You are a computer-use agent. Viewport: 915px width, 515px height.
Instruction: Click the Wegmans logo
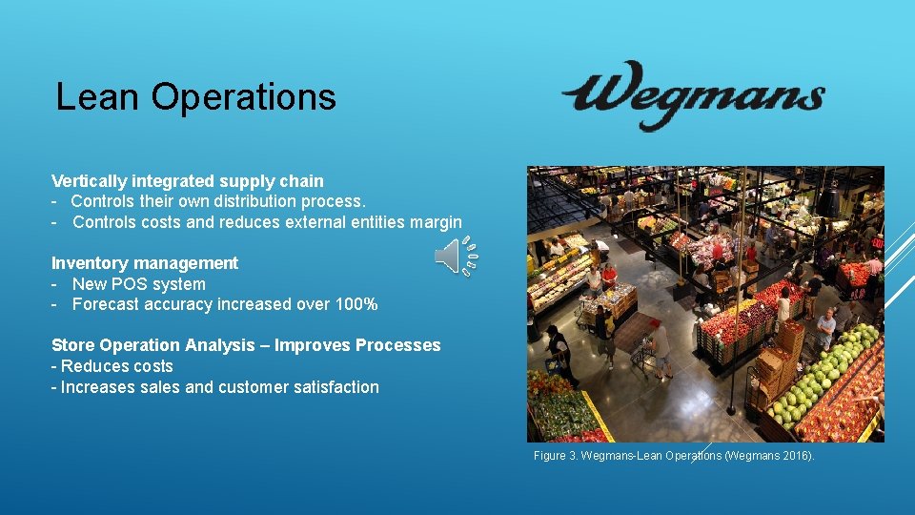[693, 95]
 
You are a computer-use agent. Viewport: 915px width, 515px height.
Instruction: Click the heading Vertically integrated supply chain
[188, 181]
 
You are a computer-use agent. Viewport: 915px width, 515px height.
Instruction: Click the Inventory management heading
[145, 263]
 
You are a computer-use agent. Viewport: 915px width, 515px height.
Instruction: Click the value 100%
[356, 305]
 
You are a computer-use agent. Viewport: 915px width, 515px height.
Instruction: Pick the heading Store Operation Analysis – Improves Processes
[246, 345]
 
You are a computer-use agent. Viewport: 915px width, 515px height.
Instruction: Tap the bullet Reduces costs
[115, 366]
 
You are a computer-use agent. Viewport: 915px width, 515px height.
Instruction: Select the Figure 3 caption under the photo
[674, 457]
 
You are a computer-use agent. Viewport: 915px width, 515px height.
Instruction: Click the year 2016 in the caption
[795, 457]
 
